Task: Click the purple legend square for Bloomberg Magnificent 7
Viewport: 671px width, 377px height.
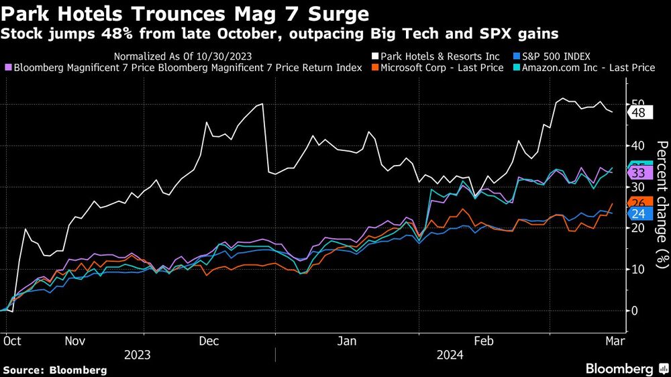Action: tap(7, 68)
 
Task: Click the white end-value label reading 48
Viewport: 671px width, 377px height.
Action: tap(638, 113)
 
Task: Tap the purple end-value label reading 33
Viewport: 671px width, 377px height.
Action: tap(638, 173)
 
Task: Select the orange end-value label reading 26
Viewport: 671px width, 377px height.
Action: tap(638, 203)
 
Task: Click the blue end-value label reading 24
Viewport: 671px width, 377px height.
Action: tap(638, 213)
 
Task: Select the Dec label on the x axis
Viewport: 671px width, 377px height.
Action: tap(209, 341)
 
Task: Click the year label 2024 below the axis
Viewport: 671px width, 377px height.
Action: tap(450, 355)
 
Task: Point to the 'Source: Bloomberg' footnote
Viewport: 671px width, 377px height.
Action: tap(55, 370)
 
